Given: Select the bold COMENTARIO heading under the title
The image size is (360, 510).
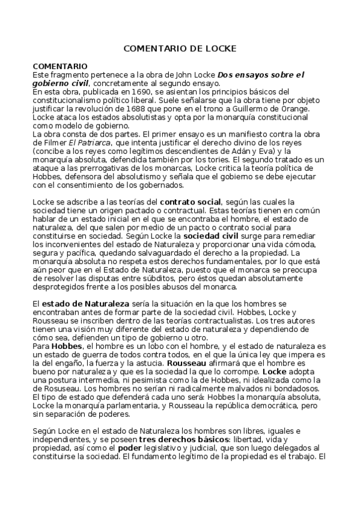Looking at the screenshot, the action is [60, 66].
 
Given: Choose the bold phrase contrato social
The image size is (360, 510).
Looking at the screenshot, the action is [191, 201].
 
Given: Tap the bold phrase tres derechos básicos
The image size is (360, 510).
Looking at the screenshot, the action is [177, 440].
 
